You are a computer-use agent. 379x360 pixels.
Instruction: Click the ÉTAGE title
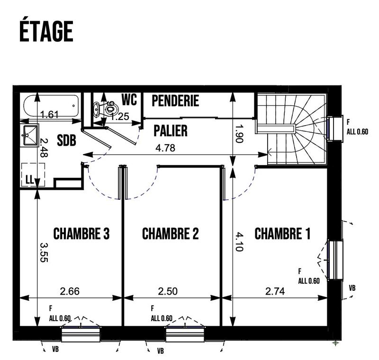pyautogui.click(x=46, y=31)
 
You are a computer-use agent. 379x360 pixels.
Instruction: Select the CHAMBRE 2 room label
pyautogui.click(x=171, y=234)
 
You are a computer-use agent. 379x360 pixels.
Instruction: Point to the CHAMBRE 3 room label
pyautogui.click(x=81, y=234)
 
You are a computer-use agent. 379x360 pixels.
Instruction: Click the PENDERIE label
pyautogui.click(x=175, y=101)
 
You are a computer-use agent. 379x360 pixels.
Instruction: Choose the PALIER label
pyautogui.click(x=171, y=130)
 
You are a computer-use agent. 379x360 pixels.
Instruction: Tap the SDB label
pyautogui.click(x=67, y=141)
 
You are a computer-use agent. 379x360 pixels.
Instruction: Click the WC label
pyautogui.click(x=129, y=100)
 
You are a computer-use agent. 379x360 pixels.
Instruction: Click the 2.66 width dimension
pyautogui.click(x=70, y=291)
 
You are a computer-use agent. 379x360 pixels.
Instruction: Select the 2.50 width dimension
pyautogui.click(x=168, y=291)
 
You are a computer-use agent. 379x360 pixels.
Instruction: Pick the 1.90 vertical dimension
pyautogui.click(x=239, y=133)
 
